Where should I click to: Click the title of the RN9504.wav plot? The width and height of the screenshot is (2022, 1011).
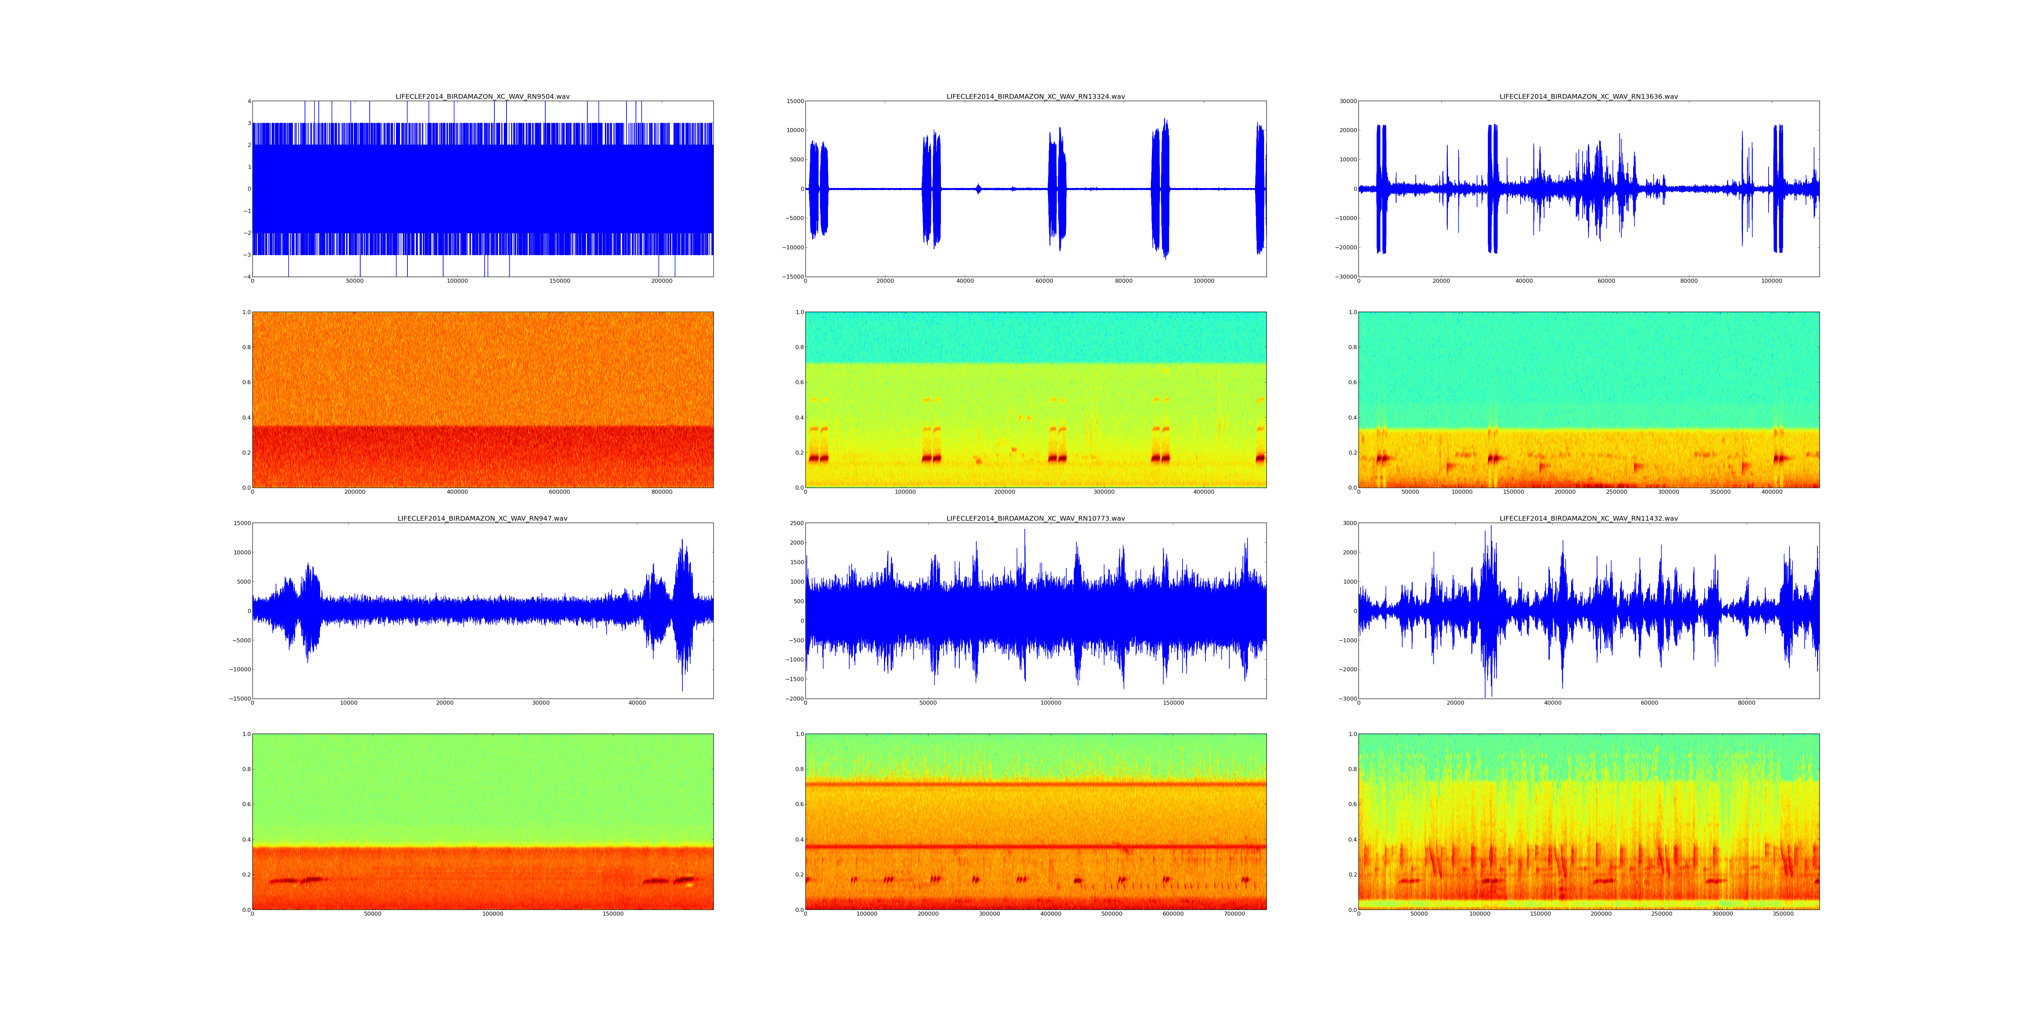coord(482,96)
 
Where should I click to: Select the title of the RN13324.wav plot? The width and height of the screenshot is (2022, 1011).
coord(1035,96)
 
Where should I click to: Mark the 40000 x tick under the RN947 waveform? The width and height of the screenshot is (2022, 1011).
coord(637,703)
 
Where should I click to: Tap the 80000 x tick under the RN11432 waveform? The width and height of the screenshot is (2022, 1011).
coord(1746,703)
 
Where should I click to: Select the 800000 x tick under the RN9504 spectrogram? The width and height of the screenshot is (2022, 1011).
coord(662,492)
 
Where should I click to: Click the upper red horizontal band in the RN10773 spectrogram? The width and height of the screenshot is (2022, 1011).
coord(1035,784)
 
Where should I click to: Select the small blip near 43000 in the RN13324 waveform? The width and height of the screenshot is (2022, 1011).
coord(978,188)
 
